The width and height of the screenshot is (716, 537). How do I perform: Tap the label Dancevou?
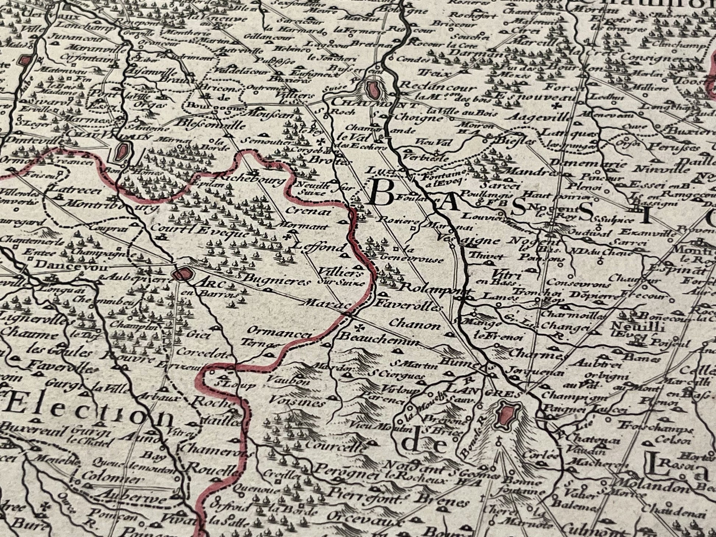[x=61, y=265]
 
